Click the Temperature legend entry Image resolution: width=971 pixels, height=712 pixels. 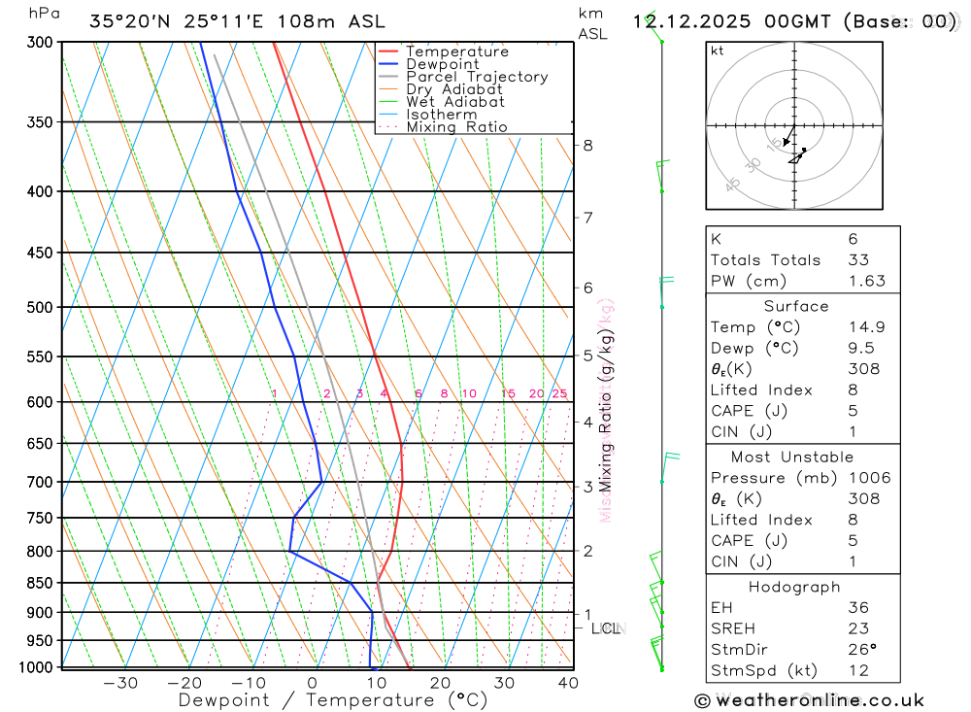point(456,51)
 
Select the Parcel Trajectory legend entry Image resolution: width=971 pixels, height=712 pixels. point(477,77)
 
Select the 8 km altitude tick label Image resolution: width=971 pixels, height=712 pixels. point(587,146)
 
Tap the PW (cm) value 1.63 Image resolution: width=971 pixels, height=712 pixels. point(866,281)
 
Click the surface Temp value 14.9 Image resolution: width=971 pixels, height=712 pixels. point(866,327)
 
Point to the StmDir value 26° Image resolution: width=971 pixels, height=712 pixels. point(860,650)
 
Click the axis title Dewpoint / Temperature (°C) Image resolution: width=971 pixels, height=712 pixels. point(333,700)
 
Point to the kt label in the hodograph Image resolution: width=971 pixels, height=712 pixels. point(718,51)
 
